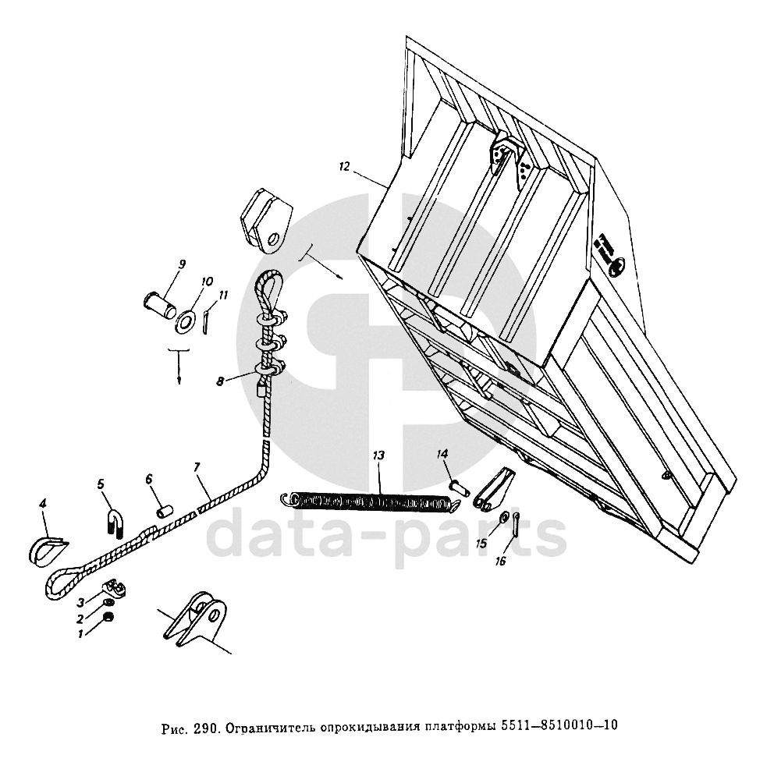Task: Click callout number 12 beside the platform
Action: (344, 166)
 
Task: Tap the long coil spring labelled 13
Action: (367, 503)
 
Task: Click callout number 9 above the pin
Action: (181, 264)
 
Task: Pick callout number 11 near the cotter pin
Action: (223, 296)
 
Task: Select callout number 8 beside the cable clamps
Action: (221, 381)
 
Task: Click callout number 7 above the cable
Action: (197, 467)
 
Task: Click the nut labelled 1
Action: (110, 618)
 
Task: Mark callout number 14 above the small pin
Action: (442, 453)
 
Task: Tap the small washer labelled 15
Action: (505, 516)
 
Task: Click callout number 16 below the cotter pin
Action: (500, 561)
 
